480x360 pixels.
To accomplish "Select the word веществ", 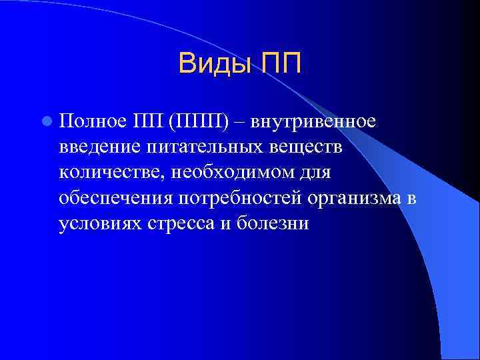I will (302, 148).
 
